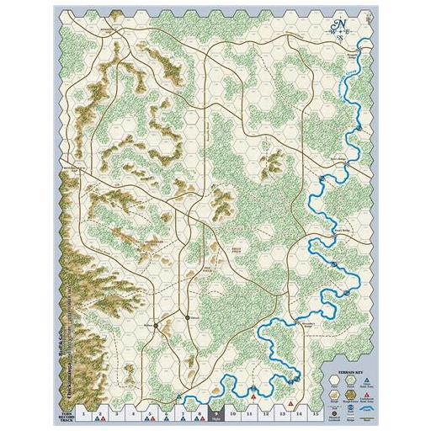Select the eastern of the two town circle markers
pyautogui.click(x=186, y=317)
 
